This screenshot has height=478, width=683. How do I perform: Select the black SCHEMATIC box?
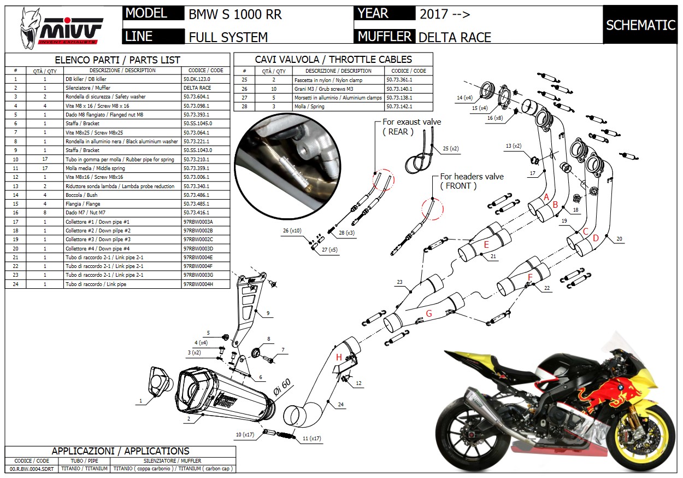pyautogui.click(x=640, y=25)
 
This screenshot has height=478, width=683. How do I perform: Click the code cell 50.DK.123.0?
pyautogui.click(x=197, y=79)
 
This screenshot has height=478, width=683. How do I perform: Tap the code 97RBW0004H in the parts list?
pyautogui.click(x=198, y=284)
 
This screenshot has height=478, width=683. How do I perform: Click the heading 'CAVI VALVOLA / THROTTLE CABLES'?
pyautogui.click(x=333, y=59)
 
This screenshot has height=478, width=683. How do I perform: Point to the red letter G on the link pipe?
pyautogui.click(x=429, y=313)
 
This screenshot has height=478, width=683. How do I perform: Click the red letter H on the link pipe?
pyautogui.click(x=339, y=357)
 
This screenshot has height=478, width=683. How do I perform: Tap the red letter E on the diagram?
pyautogui.click(x=486, y=244)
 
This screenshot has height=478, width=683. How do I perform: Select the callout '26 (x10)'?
pyautogui.click(x=292, y=231)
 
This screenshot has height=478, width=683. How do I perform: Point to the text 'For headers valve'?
pyautogui.click(x=472, y=177)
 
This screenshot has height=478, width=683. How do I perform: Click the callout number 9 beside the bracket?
pyautogui.click(x=268, y=313)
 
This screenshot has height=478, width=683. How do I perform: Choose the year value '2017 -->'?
pyautogui.click(x=445, y=14)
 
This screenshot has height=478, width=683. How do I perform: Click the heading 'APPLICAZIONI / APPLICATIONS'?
pyautogui.click(x=120, y=451)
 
